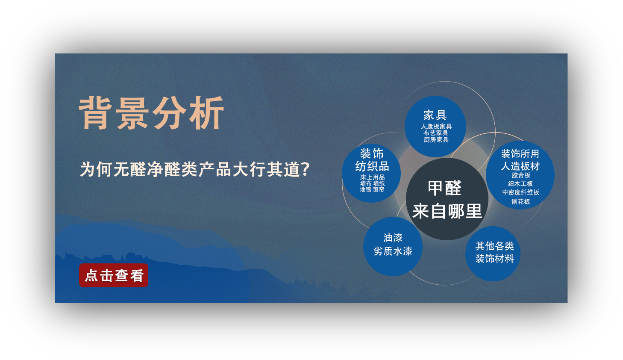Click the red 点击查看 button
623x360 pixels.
[114, 275]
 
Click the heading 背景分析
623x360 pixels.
[151, 113]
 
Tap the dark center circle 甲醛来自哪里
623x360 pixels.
[447, 199]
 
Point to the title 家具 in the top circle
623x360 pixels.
[435, 115]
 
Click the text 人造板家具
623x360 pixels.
[436, 127]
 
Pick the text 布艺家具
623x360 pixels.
[436, 133]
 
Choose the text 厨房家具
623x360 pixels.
[436, 140]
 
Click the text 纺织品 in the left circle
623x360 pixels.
[372, 166]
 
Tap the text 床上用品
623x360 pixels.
[372, 177]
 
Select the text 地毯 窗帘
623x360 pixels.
[372, 189]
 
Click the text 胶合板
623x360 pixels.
[521, 175]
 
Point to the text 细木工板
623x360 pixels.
[520, 183]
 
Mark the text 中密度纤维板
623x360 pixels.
[520, 192]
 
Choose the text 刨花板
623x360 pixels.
[520, 201]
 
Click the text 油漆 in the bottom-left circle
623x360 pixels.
[393, 238]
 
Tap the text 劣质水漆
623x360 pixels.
[393, 251]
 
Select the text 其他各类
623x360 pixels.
[494, 246]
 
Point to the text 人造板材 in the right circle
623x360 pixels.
[520, 166]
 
